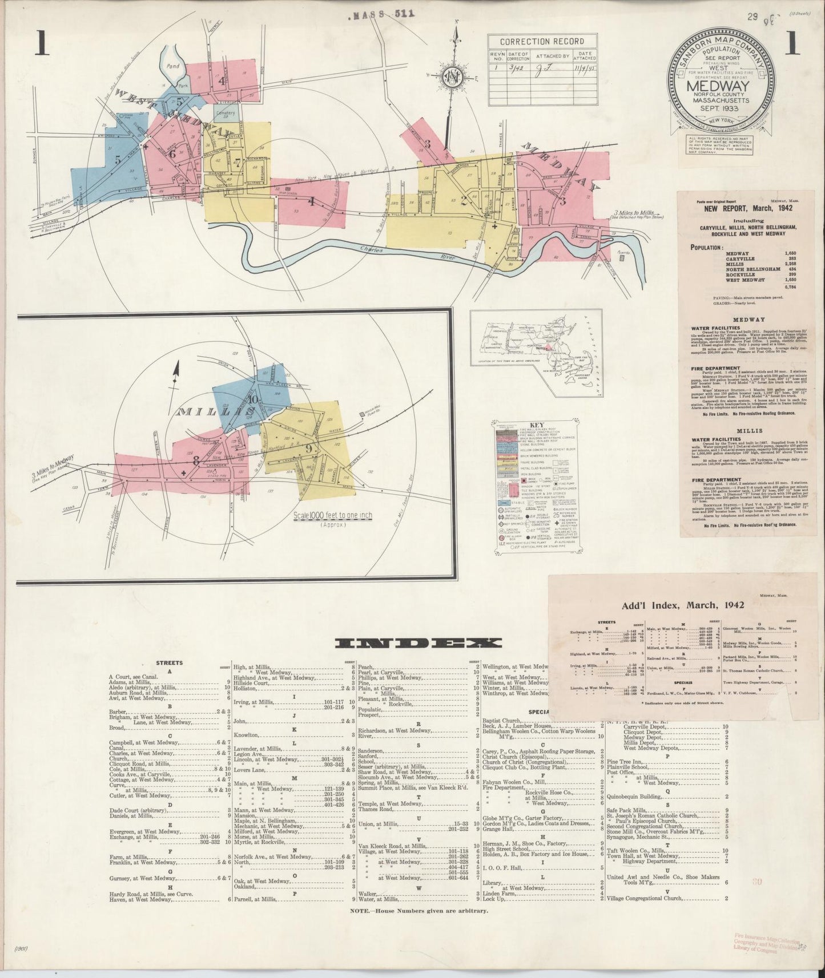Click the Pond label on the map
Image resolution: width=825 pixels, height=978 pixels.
(x=172, y=66)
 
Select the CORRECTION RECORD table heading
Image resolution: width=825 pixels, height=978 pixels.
(x=542, y=41)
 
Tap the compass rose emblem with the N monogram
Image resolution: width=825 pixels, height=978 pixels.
(x=454, y=76)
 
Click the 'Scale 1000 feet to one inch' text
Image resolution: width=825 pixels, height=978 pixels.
(x=332, y=515)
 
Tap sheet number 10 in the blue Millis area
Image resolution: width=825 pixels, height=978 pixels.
(x=253, y=399)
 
